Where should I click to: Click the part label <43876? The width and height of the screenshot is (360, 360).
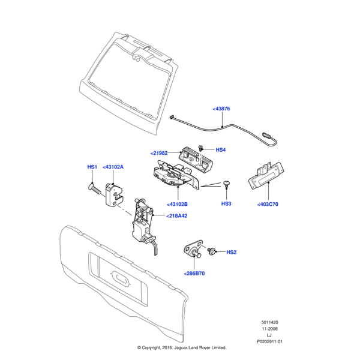(221, 109)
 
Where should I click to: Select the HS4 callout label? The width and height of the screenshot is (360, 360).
(220, 150)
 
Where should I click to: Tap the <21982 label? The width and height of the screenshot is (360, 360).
(159, 153)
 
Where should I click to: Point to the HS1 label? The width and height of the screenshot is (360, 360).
(92, 167)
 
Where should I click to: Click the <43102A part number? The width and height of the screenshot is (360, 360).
(113, 167)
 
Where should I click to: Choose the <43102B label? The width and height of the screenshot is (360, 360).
(177, 205)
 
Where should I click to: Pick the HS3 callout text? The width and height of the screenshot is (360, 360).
(226, 203)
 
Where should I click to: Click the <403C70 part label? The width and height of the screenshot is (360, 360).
(268, 205)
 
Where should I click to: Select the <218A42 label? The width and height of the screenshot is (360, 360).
(177, 216)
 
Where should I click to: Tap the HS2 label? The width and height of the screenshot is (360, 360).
(232, 252)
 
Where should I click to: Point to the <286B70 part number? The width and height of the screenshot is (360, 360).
(194, 274)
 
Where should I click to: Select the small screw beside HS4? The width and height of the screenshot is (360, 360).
(201, 148)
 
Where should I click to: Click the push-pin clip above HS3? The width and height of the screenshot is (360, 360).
(227, 185)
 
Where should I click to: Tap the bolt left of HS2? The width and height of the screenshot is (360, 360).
(211, 251)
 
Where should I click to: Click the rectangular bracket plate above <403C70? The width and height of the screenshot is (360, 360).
(266, 175)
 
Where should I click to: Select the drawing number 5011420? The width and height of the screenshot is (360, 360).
(269, 322)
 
